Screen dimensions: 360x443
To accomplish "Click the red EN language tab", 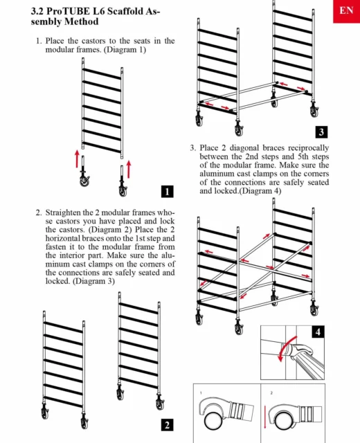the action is [346, 11].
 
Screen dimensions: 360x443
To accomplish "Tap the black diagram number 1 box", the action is [168, 191].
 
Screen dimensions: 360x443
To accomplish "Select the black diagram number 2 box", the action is [167, 425].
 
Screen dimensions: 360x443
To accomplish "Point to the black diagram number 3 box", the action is [321, 132].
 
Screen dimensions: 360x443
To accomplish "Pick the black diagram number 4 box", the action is [318, 332].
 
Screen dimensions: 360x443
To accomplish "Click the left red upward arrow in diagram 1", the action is [77, 159].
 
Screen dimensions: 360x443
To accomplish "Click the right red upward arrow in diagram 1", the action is [129, 169].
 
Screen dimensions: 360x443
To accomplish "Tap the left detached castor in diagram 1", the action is [84, 172].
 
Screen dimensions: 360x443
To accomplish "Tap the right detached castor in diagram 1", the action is [123, 181].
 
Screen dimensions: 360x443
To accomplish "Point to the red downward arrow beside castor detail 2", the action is [264, 417].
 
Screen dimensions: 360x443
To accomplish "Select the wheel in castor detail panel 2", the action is [283, 420].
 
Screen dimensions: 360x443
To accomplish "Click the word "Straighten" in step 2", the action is [63, 213].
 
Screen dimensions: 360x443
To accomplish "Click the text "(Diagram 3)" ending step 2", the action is [94, 282].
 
